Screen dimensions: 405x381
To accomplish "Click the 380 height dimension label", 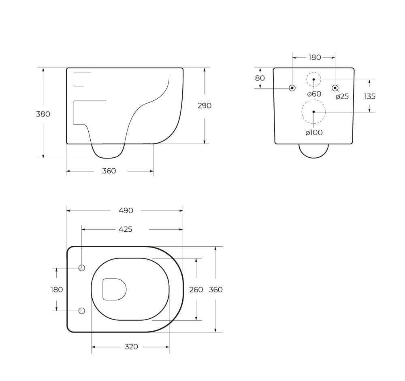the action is [x=43, y=114].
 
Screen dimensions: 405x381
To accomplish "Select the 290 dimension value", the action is [x=204, y=106].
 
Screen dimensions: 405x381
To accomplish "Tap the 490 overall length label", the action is [x=126, y=210].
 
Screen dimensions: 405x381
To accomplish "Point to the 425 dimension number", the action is [x=125, y=229].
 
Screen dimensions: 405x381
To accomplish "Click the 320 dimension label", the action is [x=131, y=347].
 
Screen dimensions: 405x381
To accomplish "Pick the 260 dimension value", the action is [x=196, y=290].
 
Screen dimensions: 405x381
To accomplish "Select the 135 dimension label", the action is [x=370, y=96].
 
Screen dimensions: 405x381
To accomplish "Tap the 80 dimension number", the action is [x=260, y=78].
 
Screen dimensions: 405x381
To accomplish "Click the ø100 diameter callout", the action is [x=314, y=133].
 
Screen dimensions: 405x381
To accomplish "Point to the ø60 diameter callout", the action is [x=314, y=94].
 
